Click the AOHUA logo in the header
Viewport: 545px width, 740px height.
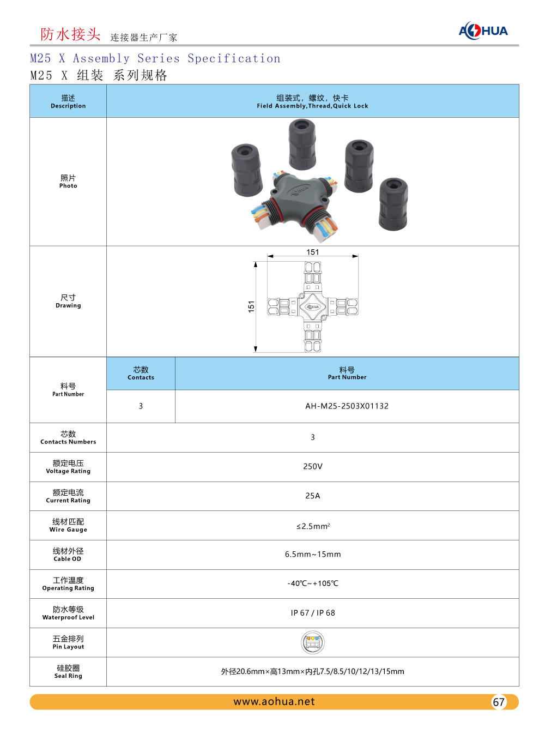tap(483, 31)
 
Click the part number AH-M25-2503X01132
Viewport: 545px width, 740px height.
tap(347, 406)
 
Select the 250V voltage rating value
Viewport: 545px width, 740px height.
tap(313, 467)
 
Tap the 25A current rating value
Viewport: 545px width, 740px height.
tap(313, 496)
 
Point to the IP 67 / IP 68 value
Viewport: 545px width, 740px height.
tap(313, 613)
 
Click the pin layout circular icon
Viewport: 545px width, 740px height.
tap(313, 642)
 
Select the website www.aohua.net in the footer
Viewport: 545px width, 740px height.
tap(274, 702)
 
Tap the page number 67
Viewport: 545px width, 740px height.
tap(499, 702)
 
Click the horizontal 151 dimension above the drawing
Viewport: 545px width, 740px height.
tap(313, 252)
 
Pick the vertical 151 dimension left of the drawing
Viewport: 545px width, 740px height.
tap(251, 306)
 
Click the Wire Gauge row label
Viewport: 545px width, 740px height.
tap(68, 525)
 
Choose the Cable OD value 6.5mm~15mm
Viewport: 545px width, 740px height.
tap(313, 555)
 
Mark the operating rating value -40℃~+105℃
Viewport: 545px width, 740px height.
tap(313, 583)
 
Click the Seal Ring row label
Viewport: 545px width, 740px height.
tap(68, 671)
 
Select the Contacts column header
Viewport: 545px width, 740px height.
tap(141, 374)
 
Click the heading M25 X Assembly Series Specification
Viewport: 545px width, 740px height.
tap(155, 58)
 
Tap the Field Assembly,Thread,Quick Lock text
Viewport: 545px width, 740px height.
tap(313, 106)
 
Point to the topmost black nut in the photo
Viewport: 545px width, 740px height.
tap(302, 145)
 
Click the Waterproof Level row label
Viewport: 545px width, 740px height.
tap(68, 613)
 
